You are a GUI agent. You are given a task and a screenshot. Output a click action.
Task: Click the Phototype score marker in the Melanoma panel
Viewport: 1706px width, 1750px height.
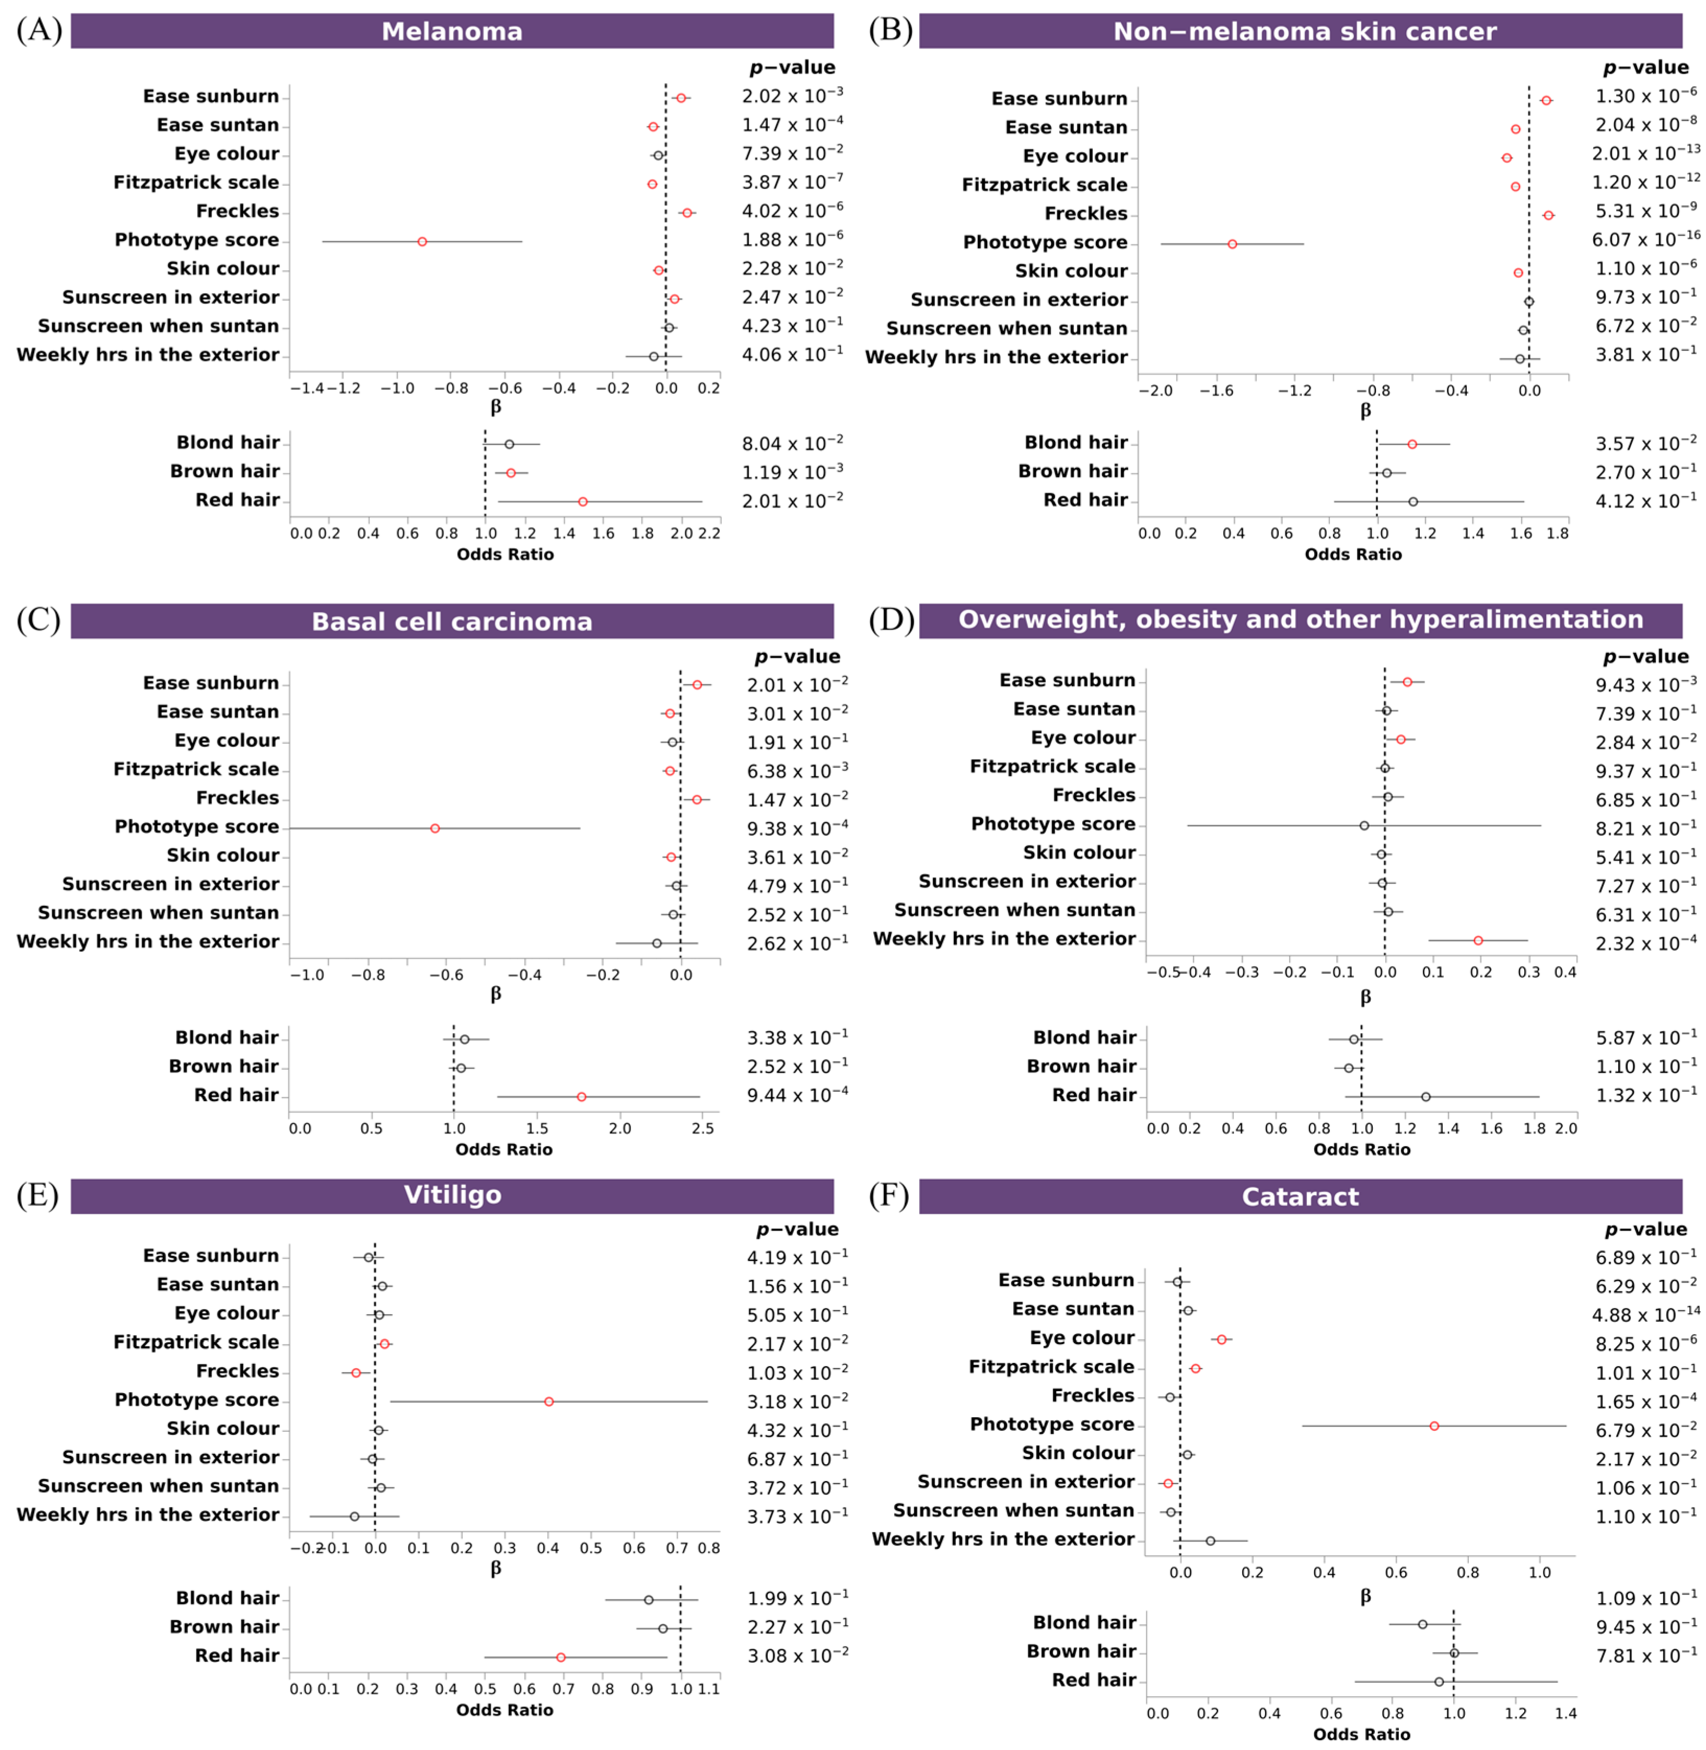click(422, 242)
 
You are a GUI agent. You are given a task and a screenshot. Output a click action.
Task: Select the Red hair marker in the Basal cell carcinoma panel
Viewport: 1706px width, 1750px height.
click(581, 1097)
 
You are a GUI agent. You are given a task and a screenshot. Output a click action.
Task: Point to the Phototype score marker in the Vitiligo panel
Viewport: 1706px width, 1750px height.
click(548, 1402)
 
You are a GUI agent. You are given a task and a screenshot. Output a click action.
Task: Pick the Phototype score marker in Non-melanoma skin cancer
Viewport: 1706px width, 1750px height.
click(1232, 244)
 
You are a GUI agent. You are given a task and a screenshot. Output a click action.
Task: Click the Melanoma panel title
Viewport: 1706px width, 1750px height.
click(452, 31)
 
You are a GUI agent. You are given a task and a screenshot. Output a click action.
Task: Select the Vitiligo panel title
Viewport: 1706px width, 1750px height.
click(452, 1195)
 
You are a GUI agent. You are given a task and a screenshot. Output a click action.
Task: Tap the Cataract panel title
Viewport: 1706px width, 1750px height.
click(1300, 1197)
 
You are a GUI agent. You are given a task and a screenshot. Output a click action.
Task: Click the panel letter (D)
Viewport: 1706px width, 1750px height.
click(891, 620)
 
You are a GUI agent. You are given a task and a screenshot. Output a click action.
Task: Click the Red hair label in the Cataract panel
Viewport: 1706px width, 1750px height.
click(1093, 1680)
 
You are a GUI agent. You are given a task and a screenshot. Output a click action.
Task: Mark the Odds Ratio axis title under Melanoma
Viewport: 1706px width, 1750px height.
click(505, 555)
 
